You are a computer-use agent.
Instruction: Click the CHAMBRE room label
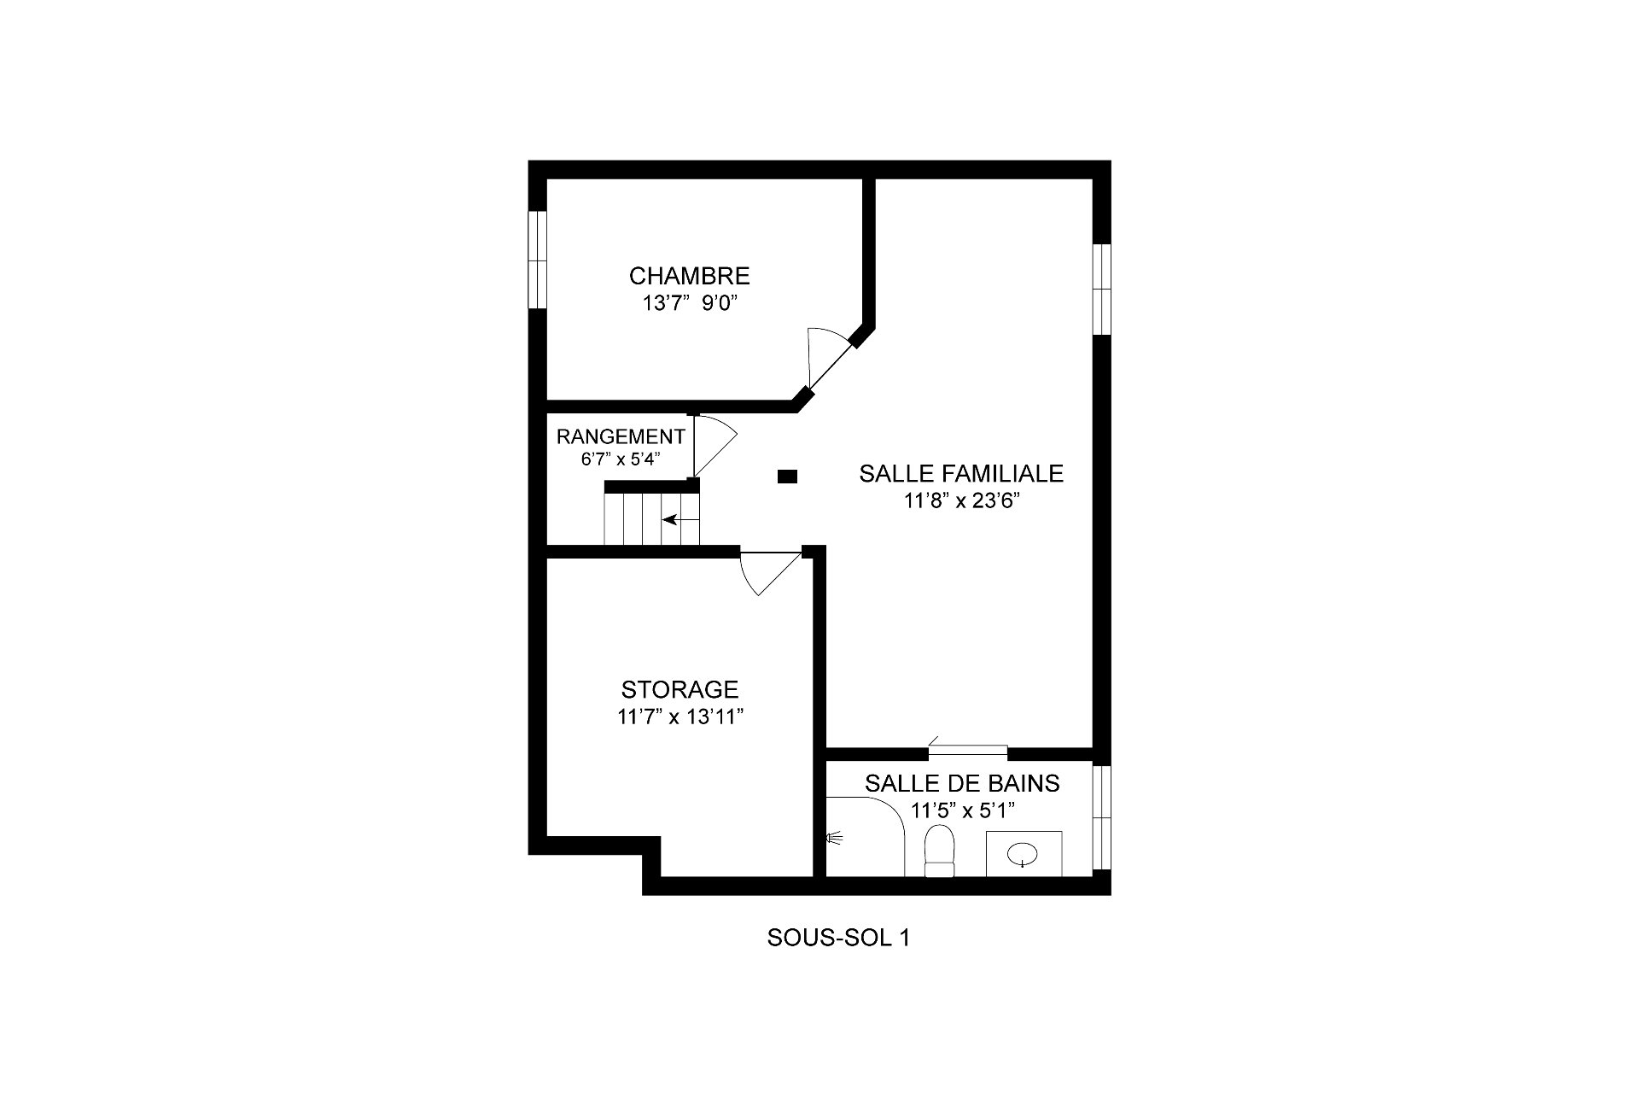[x=689, y=276]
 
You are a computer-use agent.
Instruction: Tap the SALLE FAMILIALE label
[x=961, y=473]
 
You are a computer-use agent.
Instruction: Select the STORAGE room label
[x=680, y=689]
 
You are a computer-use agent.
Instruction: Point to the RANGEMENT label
[x=621, y=437]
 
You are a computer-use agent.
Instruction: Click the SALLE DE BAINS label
[x=962, y=783]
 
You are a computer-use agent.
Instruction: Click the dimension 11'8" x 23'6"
[x=963, y=501]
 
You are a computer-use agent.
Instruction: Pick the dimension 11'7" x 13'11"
[x=680, y=717]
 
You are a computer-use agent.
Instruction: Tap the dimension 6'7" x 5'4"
[x=621, y=459]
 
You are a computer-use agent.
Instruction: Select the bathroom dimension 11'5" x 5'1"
[x=963, y=810]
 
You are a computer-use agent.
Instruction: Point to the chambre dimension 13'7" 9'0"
[x=689, y=303]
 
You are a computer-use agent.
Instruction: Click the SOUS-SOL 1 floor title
[x=838, y=938]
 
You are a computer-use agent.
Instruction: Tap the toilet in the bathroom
[x=939, y=851]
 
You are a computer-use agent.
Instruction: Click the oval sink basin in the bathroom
[x=1023, y=852]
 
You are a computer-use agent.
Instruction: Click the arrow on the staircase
[x=680, y=519]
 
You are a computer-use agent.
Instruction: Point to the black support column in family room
[x=787, y=477]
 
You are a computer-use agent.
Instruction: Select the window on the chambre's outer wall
[x=537, y=260]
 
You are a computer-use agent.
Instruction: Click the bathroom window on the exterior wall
[x=1102, y=816]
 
